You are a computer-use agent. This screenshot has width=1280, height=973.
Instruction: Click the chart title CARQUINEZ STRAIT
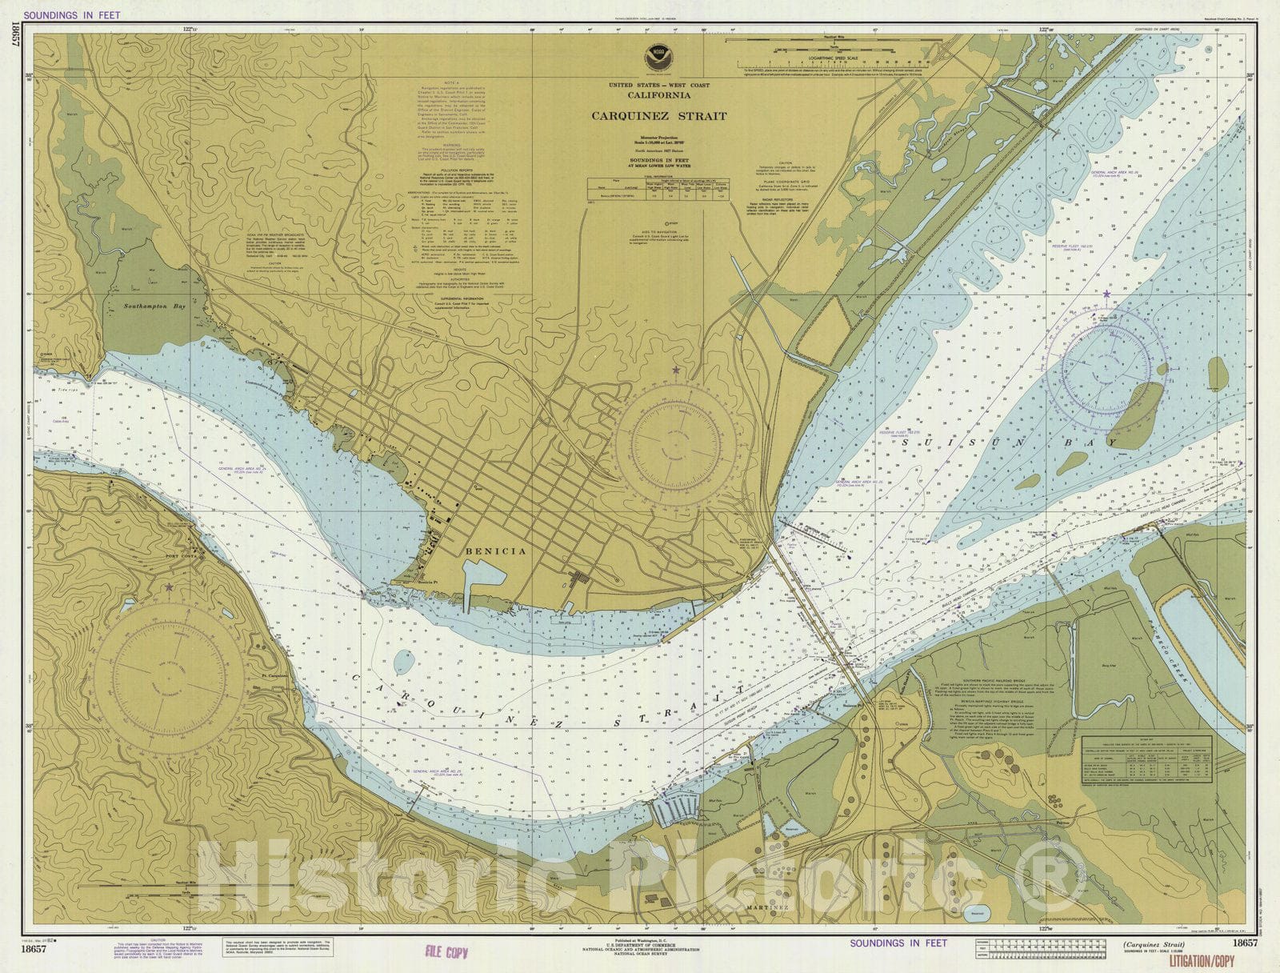click(659, 116)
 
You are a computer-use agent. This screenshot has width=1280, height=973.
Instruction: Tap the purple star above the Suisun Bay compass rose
click(1106, 295)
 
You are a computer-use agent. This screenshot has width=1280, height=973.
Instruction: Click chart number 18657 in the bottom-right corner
click(1245, 943)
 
